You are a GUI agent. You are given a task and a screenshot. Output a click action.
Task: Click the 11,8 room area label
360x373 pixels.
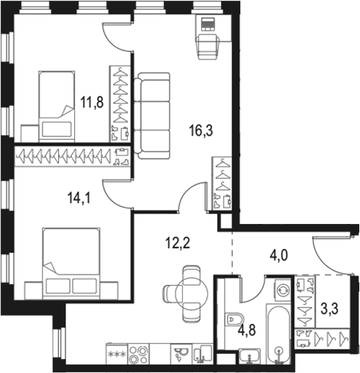point(92,102)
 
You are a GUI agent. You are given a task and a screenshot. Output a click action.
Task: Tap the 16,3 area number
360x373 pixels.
point(201,131)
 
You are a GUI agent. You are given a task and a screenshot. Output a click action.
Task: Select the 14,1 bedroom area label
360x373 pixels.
point(79,198)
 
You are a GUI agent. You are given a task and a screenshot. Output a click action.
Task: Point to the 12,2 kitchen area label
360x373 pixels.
point(178,243)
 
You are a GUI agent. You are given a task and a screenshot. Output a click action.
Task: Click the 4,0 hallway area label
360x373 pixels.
point(278,256)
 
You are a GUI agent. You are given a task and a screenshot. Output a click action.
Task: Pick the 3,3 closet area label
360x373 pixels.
point(330,309)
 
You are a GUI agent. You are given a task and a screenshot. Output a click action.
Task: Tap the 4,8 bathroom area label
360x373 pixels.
point(247,330)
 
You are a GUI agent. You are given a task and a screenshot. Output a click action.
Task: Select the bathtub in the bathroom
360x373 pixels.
point(278,333)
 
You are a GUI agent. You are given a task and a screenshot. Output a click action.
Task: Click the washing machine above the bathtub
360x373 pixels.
point(284,290)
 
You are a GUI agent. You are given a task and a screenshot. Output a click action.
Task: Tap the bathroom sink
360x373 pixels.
point(250,355)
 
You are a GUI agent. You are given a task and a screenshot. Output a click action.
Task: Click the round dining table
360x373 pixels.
point(192,293)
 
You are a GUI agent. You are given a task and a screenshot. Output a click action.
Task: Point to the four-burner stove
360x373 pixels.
point(139,354)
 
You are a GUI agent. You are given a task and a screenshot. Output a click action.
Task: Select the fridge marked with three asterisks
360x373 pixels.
point(117,354)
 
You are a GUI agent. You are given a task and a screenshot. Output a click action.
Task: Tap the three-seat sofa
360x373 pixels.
point(152,116)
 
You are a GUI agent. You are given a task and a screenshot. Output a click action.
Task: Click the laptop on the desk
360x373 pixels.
point(208,24)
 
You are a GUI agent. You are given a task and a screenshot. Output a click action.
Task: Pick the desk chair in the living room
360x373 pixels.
point(208,46)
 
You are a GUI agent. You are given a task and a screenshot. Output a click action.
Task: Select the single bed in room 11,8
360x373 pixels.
point(57,106)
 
